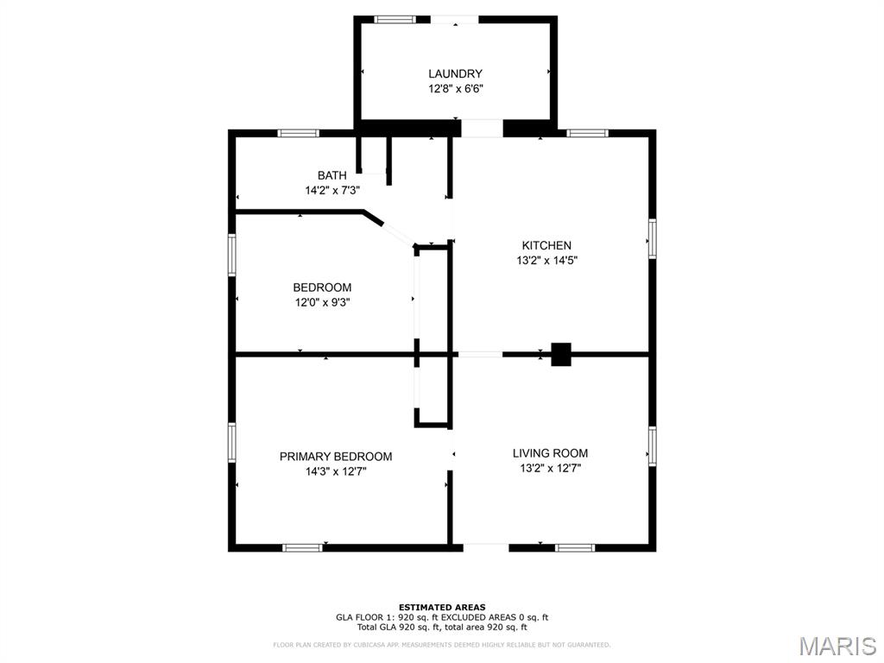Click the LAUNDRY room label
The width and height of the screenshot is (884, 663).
(x=455, y=74)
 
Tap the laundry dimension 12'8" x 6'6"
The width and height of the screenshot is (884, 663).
(x=455, y=89)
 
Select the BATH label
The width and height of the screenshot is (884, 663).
(x=331, y=176)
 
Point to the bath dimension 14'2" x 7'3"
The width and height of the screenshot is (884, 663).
(x=331, y=191)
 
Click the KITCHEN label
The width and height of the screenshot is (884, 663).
(x=546, y=246)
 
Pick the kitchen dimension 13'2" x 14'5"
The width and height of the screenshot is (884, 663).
(x=546, y=261)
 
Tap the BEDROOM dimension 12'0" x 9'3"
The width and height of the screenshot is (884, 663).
(x=322, y=302)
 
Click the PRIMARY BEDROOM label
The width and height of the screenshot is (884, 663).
(x=335, y=457)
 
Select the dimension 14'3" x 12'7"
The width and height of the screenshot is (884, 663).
(x=335, y=471)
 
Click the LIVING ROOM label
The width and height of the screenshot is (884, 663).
(x=550, y=453)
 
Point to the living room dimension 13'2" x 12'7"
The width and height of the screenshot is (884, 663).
(x=550, y=468)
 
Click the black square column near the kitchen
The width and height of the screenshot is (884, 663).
(x=561, y=354)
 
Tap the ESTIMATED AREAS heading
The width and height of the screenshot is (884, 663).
(x=441, y=607)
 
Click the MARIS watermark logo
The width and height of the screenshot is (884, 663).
(x=837, y=646)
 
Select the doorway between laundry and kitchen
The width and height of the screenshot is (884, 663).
(x=482, y=128)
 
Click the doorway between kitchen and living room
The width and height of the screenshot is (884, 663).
(x=479, y=354)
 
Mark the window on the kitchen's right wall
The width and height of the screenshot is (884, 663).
(x=653, y=238)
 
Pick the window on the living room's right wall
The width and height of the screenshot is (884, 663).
(x=653, y=445)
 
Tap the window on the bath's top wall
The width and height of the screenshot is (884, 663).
(x=298, y=133)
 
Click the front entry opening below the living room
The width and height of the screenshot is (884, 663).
(x=486, y=546)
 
